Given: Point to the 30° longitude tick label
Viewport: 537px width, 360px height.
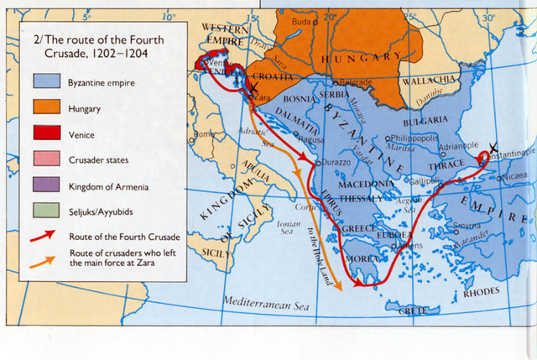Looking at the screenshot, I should click(489, 17).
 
